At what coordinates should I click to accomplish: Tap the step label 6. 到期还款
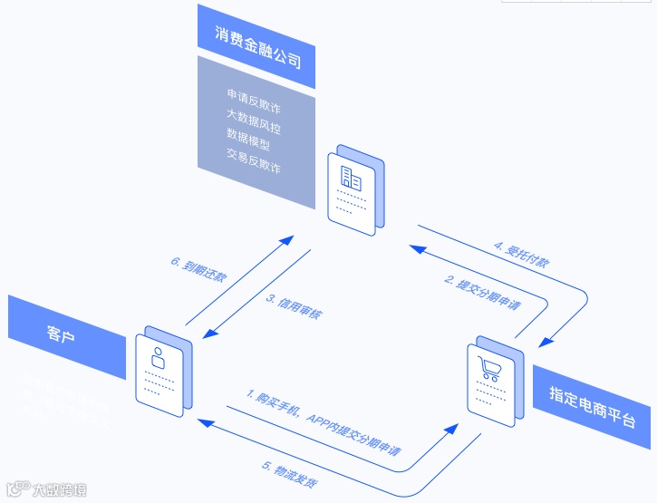(x=199, y=273)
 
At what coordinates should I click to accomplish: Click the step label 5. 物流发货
(x=290, y=475)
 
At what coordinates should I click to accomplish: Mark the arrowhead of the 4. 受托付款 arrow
(x=544, y=342)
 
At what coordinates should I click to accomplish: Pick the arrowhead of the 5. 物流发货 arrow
(x=205, y=419)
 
